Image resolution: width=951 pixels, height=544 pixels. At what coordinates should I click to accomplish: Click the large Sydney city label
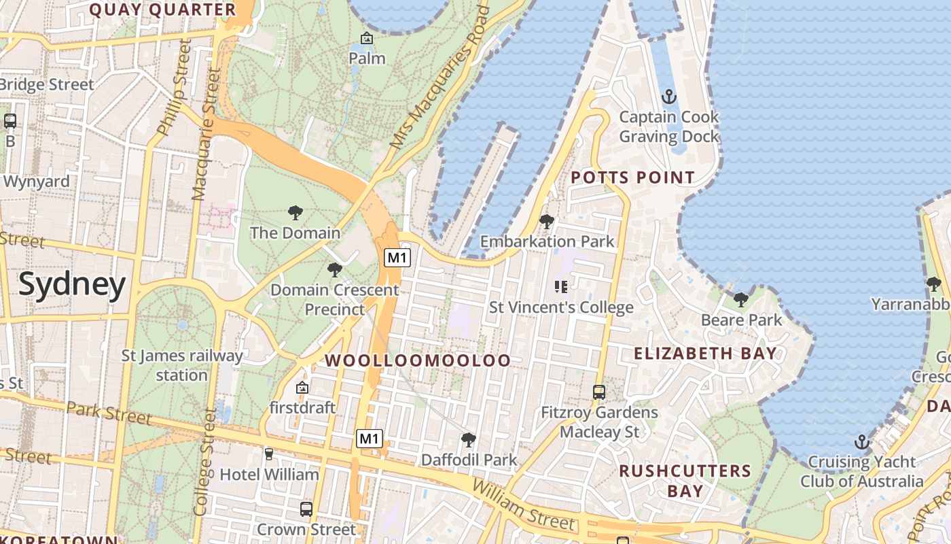[72, 284]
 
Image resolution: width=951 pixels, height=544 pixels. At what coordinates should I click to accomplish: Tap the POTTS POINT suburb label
[632, 178]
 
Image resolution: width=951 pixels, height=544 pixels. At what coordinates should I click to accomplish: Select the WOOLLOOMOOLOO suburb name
[418, 360]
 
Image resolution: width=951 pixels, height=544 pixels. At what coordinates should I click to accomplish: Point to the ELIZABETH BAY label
[705, 354]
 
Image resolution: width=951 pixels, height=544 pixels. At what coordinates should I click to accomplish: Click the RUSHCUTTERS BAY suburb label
[685, 481]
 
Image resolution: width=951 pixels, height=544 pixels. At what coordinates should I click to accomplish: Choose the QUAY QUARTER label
[162, 10]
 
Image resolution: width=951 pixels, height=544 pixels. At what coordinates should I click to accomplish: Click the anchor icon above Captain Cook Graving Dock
[669, 97]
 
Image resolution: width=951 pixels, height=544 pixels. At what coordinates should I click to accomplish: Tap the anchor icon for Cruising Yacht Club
[861, 442]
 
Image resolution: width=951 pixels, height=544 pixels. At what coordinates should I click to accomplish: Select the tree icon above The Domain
[295, 213]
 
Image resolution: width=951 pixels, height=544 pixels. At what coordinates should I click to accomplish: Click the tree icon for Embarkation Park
[546, 222]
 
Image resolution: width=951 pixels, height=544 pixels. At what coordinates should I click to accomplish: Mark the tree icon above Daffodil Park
[468, 440]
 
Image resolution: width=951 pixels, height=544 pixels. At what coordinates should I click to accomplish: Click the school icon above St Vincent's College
[561, 287]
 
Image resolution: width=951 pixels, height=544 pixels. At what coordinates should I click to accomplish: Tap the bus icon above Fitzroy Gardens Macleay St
[598, 392]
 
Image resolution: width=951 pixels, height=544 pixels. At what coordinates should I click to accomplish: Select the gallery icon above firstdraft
[302, 388]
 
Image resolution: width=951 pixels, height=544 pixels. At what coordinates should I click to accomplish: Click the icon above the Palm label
[367, 39]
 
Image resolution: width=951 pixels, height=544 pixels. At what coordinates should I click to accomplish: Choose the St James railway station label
[181, 365]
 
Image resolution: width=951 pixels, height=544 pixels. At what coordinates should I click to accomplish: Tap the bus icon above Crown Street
[306, 509]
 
